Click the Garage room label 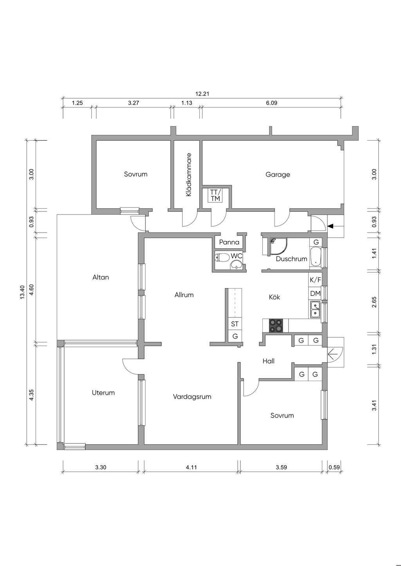point(278,174)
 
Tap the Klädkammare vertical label point(189,174)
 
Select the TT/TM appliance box point(215,195)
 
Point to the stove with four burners point(275,325)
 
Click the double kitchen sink point(315,309)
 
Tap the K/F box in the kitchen point(315,280)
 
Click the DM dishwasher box point(315,293)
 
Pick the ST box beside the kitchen point(235,324)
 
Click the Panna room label point(229,242)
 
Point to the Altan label point(101,277)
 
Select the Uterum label point(103,392)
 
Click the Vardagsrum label point(192,396)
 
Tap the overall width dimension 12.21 point(203,94)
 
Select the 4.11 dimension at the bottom point(191,467)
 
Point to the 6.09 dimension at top point(272,103)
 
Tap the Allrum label point(184,295)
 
